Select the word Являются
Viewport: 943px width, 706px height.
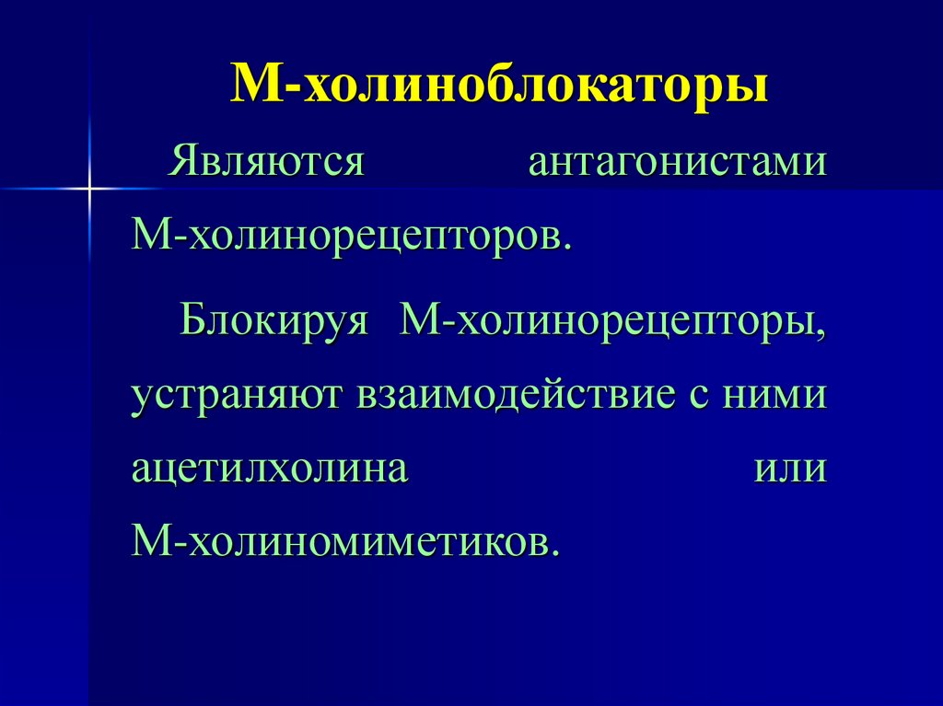coord(266,164)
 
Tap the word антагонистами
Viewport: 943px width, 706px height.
coord(677,164)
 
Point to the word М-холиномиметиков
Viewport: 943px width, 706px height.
coord(345,540)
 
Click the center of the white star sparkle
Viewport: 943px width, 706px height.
coord(89,189)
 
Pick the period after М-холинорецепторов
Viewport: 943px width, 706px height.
coord(567,246)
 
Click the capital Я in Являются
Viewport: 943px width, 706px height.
coord(179,164)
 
